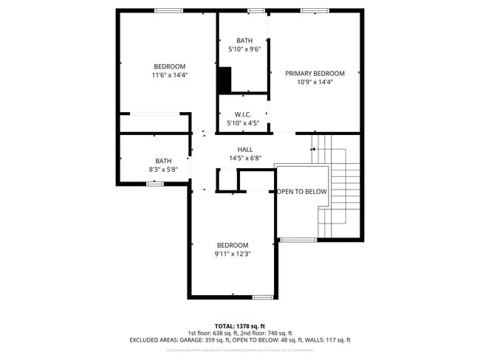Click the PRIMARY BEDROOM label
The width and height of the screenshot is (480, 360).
(315, 73)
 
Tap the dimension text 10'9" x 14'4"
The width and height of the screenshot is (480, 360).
(315, 83)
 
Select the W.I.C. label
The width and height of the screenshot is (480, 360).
(244, 114)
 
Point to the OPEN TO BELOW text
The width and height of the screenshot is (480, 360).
(302, 192)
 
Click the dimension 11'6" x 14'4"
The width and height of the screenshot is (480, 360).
(170, 75)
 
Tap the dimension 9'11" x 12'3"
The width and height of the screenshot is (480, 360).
(233, 255)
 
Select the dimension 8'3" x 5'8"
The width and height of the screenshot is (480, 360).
(163, 170)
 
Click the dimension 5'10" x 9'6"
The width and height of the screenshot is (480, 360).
(244, 49)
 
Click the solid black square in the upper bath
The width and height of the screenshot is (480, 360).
(224, 79)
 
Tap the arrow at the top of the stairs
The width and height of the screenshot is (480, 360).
(314, 149)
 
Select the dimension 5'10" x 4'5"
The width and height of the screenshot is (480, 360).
(244, 123)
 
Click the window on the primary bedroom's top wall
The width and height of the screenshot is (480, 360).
(314, 10)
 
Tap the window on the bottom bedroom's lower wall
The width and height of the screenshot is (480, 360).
(263, 297)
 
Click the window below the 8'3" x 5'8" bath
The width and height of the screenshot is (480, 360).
(154, 184)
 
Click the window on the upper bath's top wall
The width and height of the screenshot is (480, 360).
(256, 10)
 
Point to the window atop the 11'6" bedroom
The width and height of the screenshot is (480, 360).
(168, 10)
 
